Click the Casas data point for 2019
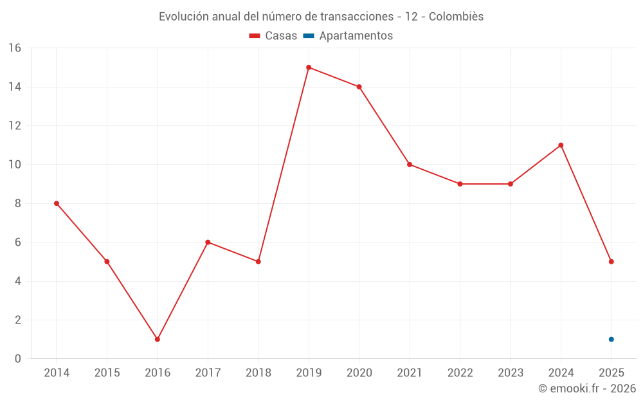pos(309,68)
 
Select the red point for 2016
pos(158,339)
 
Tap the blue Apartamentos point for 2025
pos(611,339)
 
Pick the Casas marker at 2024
pos(561,145)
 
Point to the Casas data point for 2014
pos(57,203)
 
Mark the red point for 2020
pos(359,87)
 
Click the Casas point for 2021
pos(410,165)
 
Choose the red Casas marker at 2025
pos(611,262)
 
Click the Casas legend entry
pos(273,36)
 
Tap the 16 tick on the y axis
pos(15,48)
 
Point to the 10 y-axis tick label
pos(15,165)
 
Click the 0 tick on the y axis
pos(18,358)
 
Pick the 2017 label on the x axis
pos(208,372)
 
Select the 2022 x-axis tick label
pos(460,372)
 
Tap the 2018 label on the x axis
pos(258,372)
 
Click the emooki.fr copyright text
pos(587,388)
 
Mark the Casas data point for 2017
pos(208,242)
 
